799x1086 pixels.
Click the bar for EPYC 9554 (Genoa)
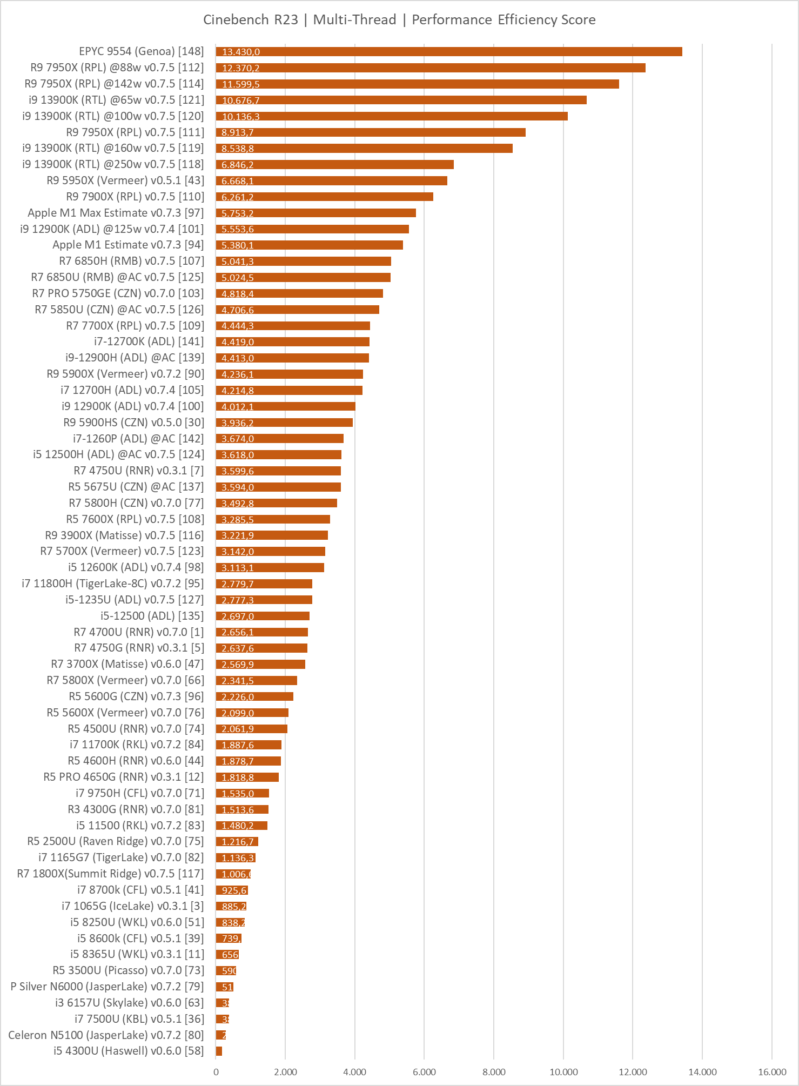[x=448, y=52]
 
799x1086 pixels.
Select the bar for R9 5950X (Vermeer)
[x=331, y=180]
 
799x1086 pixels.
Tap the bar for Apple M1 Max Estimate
[x=315, y=213]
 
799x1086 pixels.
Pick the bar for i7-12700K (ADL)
[x=292, y=342]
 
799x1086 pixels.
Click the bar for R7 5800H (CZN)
[x=276, y=503]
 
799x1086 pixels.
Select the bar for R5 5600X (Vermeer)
[x=252, y=713]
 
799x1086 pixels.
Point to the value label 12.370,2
[x=240, y=68]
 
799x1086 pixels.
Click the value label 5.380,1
[x=238, y=245]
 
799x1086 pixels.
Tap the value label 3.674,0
[x=238, y=439]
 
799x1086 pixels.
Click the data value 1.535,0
[x=238, y=793]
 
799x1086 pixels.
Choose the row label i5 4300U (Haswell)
[x=129, y=1051]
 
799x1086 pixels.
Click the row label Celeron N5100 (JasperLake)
[x=106, y=1035]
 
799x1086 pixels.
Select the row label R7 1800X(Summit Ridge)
[x=110, y=874]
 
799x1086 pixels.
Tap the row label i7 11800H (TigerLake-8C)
[x=112, y=584]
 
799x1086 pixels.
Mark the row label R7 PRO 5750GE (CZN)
[x=118, y=293]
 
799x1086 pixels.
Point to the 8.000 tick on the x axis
[x=494, y=1072]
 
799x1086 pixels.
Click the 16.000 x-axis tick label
[x=772, y=1072]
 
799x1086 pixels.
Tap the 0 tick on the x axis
[x=216, y=1072]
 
